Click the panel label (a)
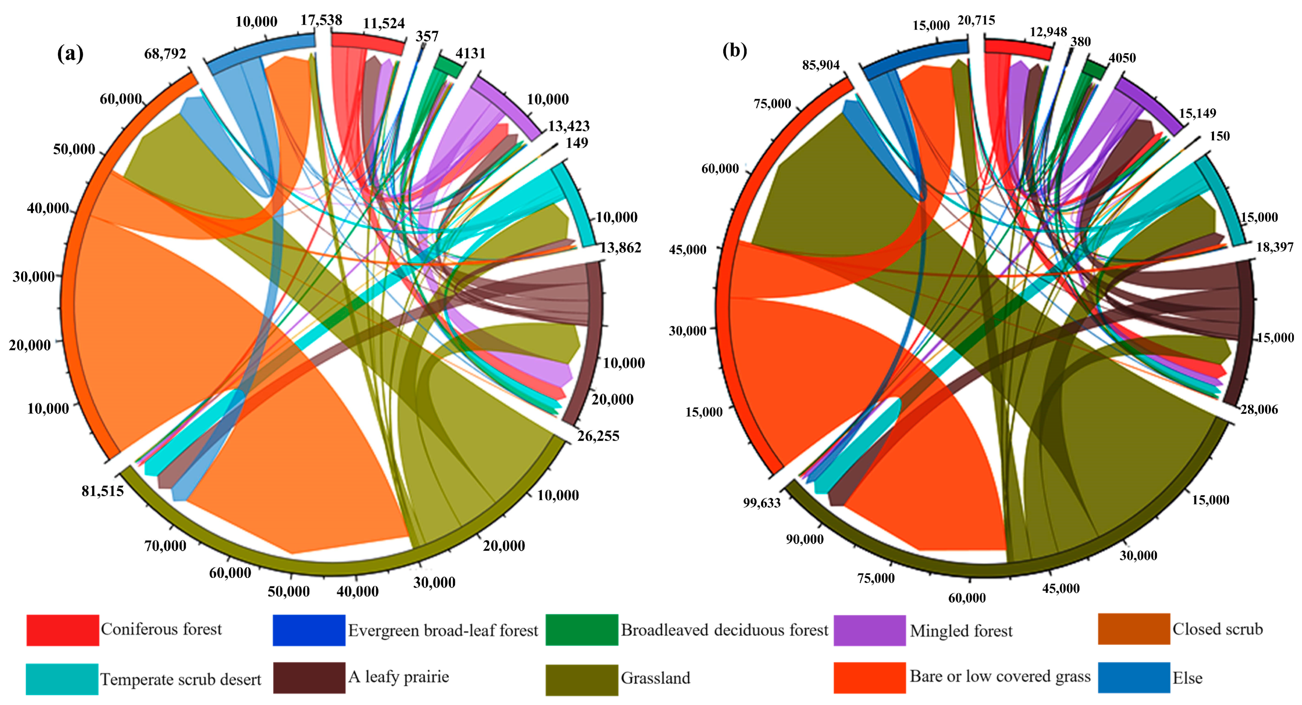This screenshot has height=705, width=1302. [70, 53]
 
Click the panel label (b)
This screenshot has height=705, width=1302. [734, 50]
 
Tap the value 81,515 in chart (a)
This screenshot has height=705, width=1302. [103, 491]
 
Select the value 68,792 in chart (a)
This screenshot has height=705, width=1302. [165, 54]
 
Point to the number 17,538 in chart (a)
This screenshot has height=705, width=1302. [321, 20]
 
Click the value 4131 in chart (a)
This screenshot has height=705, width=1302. [470, 53]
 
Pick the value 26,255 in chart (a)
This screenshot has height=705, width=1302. [598, 436]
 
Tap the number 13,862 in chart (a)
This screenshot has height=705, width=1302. [620, 247]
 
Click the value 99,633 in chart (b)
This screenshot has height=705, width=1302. [762, 503]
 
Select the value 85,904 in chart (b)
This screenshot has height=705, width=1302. [820, 65]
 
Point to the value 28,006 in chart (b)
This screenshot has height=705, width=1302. [1259, 410]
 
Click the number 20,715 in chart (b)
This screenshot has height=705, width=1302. [976, 21]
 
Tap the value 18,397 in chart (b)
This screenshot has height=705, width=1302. [1275, 247]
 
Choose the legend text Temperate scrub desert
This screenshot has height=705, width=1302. [181, 679]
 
